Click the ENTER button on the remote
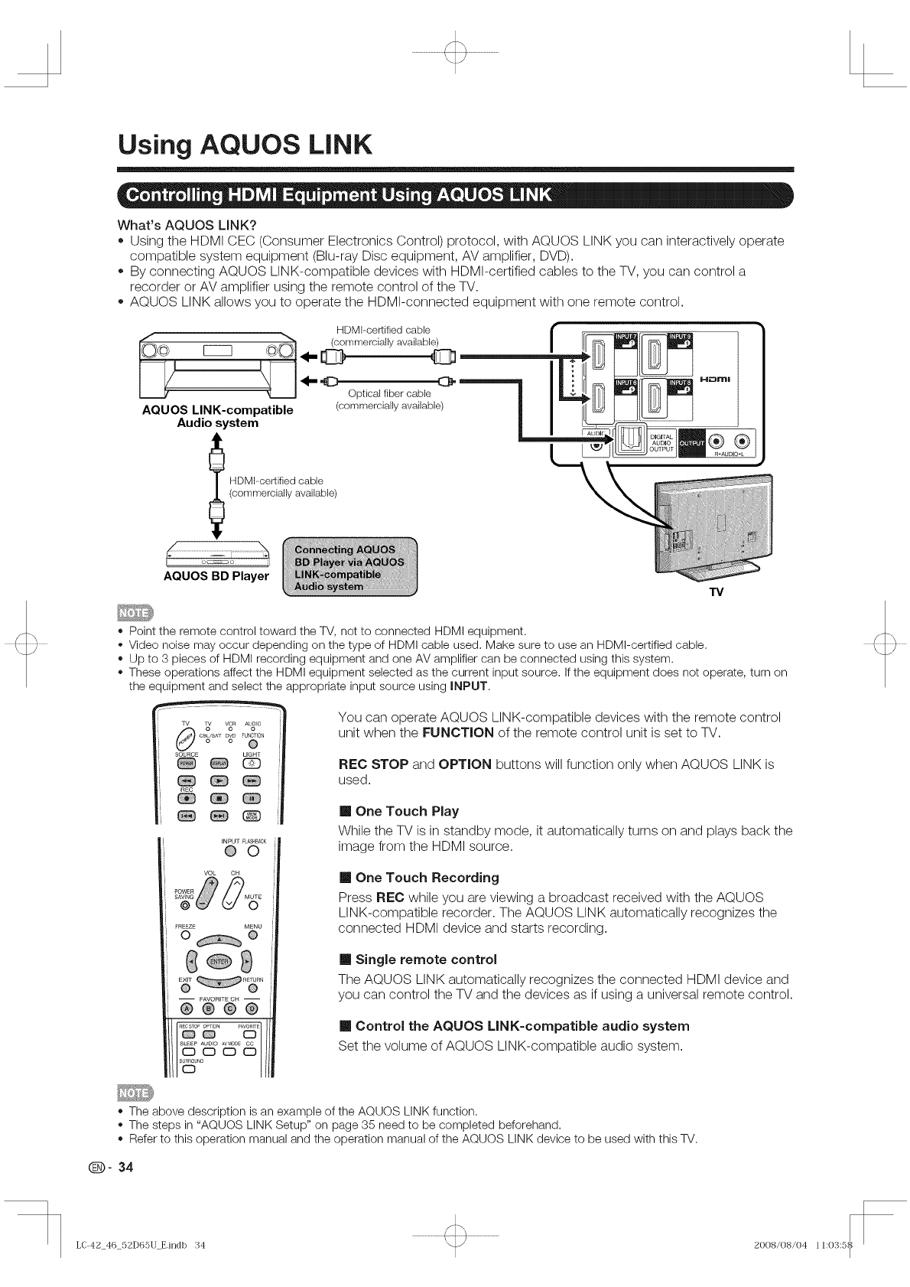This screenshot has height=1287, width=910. click(x=219, y=959)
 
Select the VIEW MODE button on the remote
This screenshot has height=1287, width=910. click(x=252, y=816)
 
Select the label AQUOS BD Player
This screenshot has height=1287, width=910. click(x=216, y=575)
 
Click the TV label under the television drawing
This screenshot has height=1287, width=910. click(x=716, y=593)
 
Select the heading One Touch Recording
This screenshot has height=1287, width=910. click(x=427, y=877)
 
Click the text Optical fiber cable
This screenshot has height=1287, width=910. click(x=389, y=393)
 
